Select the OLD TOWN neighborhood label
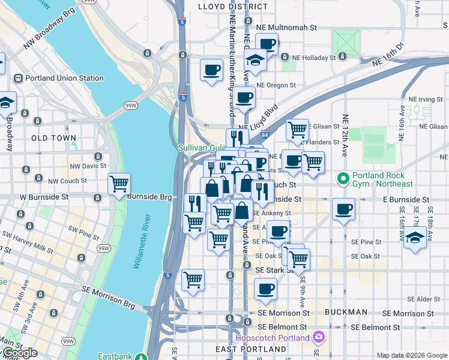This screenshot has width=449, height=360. tap(54, 138)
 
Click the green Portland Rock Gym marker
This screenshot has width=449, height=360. tap(343, 179)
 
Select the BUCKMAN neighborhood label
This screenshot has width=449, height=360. tap(345, 312)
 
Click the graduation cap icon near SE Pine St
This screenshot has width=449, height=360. tap(415, 236)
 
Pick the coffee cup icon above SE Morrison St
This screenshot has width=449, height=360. tap(265, 289)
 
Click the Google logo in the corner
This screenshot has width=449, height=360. tap(19, 353)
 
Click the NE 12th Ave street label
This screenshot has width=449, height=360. tap(345, 132)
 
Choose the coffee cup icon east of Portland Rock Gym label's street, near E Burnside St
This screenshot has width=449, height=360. tap(343, 209)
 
